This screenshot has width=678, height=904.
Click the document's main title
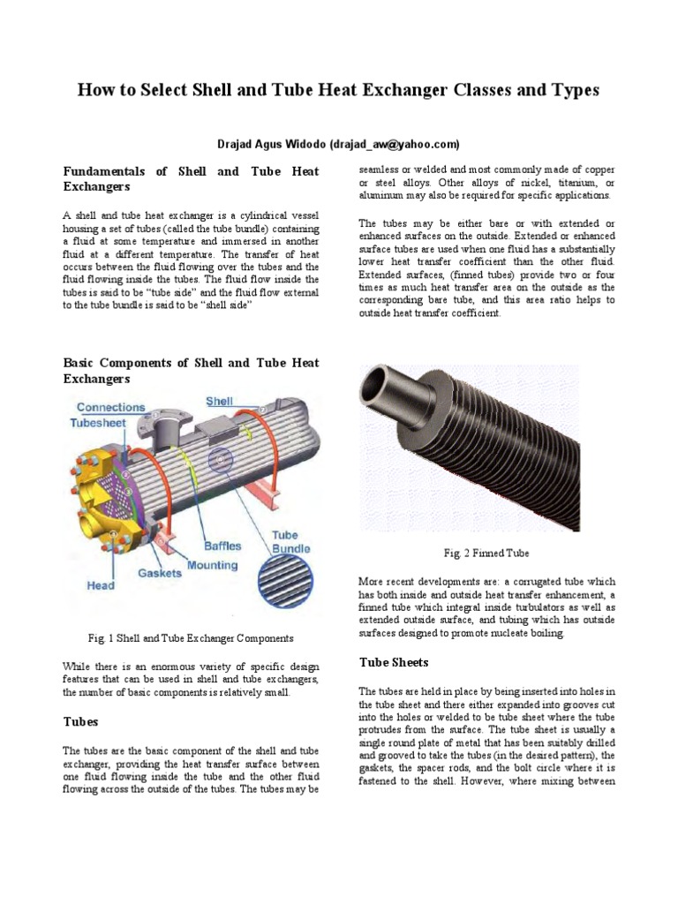pos(338,90)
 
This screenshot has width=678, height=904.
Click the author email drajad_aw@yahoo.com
pos(394,144)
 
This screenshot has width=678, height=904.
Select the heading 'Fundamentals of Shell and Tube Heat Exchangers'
pos(191,178)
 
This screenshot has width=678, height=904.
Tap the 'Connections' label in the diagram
pos(111,407)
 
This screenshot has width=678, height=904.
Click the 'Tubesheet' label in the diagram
pos(99,423)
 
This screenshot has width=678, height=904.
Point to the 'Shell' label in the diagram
pos(219,401)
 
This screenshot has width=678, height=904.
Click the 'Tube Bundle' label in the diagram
pos(285,542)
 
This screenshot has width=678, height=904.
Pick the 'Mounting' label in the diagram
pos(212,565)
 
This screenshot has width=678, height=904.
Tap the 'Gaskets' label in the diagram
pos(160,573)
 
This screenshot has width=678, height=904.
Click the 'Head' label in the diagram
pos(100,584)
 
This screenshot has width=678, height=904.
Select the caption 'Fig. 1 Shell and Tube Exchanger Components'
pos(191,637)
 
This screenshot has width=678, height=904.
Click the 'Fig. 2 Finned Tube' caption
pos(486,554)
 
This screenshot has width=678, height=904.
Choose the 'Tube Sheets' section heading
pos(394,662)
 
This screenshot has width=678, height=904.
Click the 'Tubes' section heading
pos(80,721)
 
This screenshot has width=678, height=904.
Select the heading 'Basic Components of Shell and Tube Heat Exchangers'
pos(191,371)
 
